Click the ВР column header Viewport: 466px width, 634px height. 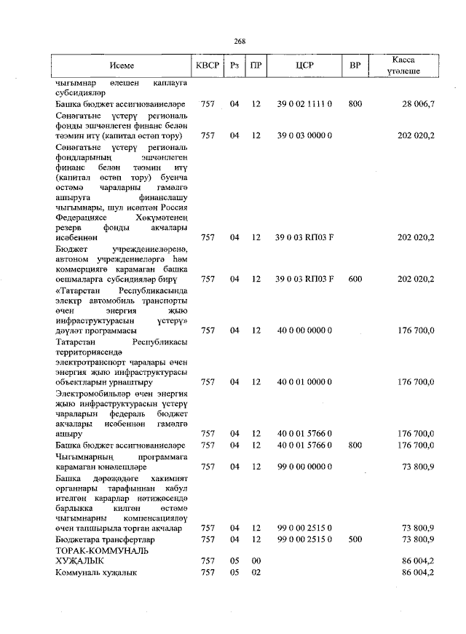(x=355, y=66)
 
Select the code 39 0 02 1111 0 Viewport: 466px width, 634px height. (x=304, y=105)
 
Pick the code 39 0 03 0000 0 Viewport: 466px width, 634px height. (x=304, y=135)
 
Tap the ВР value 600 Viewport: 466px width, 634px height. (x=355, y=279)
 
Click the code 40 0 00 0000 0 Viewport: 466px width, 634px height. (x=304, y=330)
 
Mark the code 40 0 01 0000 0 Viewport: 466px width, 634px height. (x=304, y=381)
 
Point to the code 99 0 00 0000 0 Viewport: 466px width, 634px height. (x=304, y=466)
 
